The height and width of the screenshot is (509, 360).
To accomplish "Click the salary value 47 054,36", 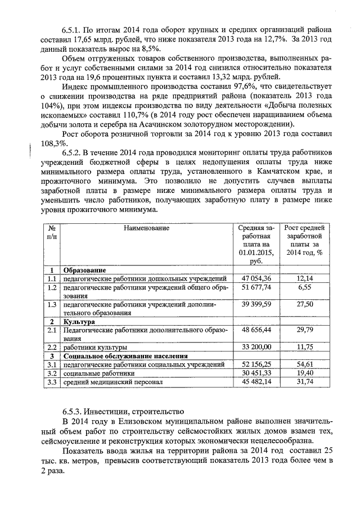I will (x=256, y=278).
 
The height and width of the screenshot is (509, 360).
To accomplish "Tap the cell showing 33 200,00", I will (x=256, y=347).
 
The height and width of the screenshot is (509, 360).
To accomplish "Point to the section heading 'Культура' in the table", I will (x=79, y=321).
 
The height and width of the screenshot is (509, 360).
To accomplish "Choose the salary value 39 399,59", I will (x=256, y=304).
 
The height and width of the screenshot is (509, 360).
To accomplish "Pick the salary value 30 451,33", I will (x=256, y=373).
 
